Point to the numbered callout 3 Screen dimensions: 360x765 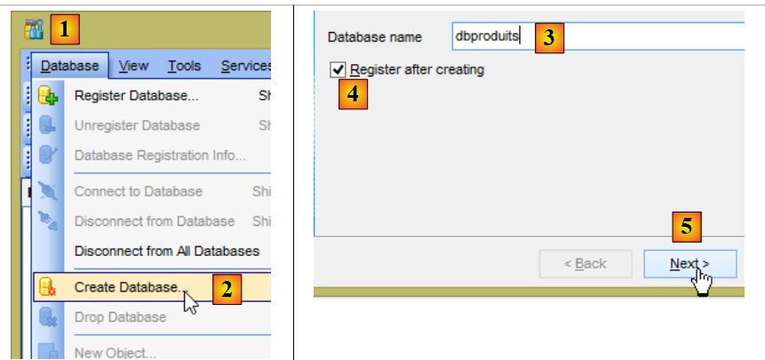(549, 36)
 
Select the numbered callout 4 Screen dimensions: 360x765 (353, 93)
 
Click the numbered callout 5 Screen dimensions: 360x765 (685, 228)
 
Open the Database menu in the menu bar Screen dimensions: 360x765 (70, 66)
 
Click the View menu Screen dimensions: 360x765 (133, 66)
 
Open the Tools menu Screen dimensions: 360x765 (184, 66)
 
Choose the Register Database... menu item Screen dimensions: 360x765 (136, 96)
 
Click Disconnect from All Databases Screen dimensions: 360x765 (167, 251)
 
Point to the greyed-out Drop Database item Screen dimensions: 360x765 (120, 317)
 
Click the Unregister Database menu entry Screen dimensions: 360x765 (137, 125)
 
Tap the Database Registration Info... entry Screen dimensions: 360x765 (160, 156)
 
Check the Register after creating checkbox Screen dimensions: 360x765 (337, 69)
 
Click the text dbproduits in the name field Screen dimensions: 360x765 (488, 36)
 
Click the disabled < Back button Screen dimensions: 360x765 (586, 264)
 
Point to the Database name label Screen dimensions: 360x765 (375, 37)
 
